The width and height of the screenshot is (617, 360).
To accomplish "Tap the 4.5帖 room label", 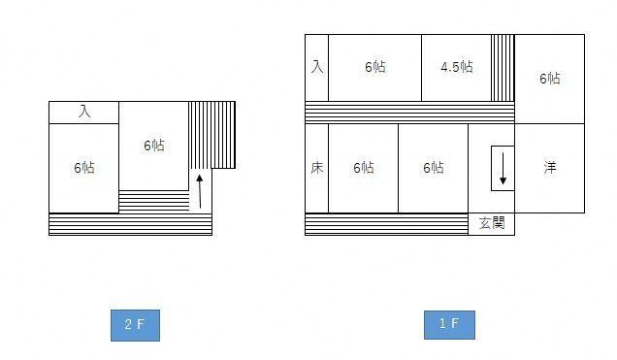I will (x=456, y=67).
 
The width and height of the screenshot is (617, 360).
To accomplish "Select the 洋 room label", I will (x=550, y=167).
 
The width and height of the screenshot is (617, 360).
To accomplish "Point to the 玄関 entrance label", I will (x=492, y=223).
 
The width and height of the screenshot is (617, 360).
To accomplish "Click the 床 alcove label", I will (x=316, y=167).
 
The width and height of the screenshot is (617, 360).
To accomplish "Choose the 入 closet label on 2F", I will (x=84, y=113).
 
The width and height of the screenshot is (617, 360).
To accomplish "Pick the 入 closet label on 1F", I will (x=316, y=67).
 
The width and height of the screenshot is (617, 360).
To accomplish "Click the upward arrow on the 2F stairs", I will (x=200, y=190).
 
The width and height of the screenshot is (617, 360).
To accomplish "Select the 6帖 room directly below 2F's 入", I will (x=83, y=167).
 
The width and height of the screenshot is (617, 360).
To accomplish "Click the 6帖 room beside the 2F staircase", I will (x=153, y=146).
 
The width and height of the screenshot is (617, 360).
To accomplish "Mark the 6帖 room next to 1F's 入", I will (x=374, y=67).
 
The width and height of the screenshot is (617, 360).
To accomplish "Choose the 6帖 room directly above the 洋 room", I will (x=550, y=79).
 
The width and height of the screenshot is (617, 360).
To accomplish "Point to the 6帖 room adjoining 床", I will (x=363, y=167).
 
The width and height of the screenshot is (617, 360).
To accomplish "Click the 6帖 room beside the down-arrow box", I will (x=433, y=167).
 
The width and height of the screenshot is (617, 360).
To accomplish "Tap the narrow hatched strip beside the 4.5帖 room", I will (x=503, y=67).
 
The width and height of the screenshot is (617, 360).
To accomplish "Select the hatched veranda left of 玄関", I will (x=386, y=224).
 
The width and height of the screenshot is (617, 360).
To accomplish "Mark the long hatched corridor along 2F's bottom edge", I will (x=130, y=224).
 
